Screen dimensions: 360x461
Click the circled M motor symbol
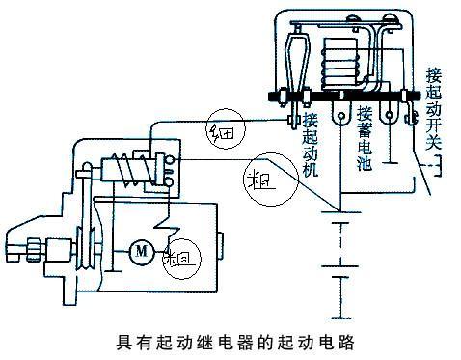[x=141, y=251]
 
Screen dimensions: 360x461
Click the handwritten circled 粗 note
[x=260, y=180]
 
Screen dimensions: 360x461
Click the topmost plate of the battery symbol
[x=338, y=216]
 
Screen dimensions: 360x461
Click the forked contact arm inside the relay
[x=297, y=63]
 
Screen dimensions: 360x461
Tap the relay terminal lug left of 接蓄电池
[x=338, y=114]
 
